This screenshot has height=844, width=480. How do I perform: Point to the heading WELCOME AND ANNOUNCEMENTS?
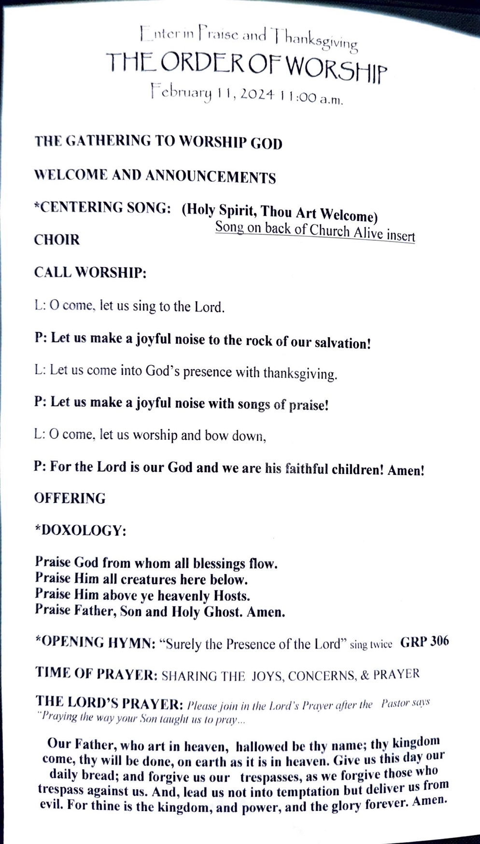(155, 176)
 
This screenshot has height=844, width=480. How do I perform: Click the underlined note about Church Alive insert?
(315, 231)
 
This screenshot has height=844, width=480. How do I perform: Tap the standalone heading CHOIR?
(56, 240)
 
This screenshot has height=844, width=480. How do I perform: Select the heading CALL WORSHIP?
(90, 272)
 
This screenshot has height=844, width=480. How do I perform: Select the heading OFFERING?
(70, 498)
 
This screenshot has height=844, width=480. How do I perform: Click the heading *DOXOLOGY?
(80, 531)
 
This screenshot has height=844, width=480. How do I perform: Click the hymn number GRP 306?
(424, 641)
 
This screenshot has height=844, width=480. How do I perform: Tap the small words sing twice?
(370, 645)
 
